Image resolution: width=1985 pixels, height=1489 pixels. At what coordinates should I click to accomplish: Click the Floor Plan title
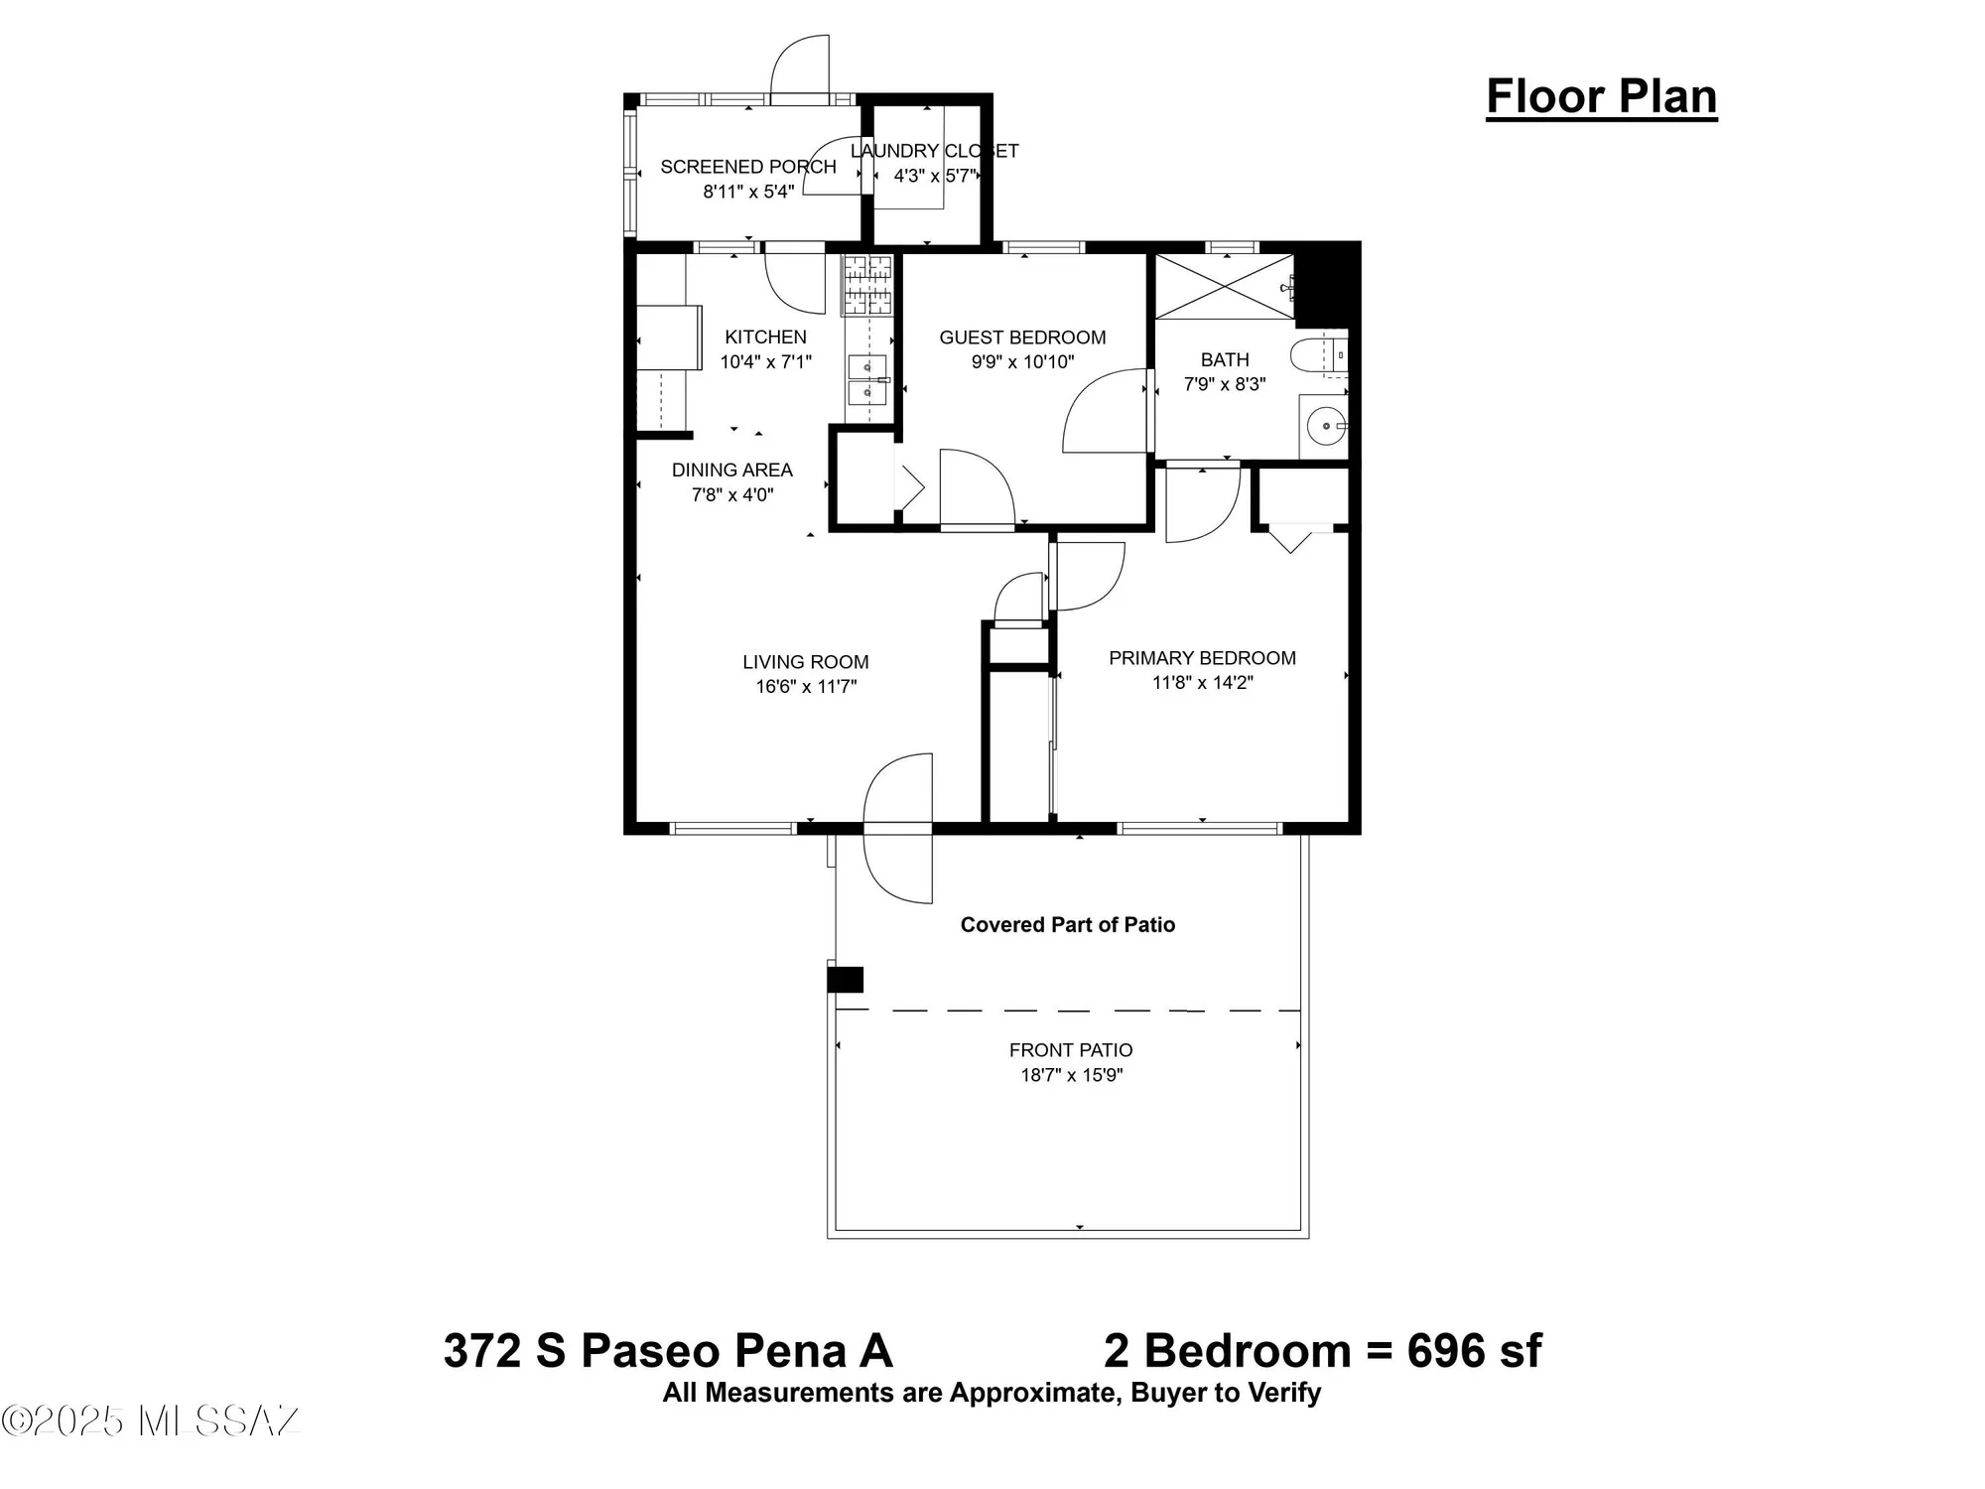pyautogui.click(x=1601, y=97)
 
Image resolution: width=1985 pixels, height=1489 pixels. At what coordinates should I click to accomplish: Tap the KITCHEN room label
pyautogui.click(x=765, y=338)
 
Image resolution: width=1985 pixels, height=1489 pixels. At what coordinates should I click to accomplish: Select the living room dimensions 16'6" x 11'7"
pyautogui.click(x=806, y=687)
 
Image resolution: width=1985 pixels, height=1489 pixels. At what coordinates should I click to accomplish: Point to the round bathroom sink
pyautogui.click(x=1325, y=427)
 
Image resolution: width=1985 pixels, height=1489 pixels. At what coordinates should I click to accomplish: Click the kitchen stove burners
pyautogui.click(x=867, y=285)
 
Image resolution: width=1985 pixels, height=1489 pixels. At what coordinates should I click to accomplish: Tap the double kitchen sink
pyautogui.click(x=867, y=380)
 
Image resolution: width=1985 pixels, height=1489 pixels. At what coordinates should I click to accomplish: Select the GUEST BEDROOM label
pyautogui.click(x=1022, y=338)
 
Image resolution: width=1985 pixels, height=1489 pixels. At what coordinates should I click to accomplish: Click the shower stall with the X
pyautogui.click(x=1225, y=287)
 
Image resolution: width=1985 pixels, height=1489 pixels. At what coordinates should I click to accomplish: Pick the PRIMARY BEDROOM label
pyautogui.click(x=1202, y=658)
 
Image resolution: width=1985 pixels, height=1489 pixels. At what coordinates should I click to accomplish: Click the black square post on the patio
pyautogui.click(x=846, y=980)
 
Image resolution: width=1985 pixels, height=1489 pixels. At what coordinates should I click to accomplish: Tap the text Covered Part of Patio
pyautogui.click(x=1067, y=925)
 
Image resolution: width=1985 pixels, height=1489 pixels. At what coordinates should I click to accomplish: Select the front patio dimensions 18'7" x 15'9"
pyautogui.click(x=1071, y=1075)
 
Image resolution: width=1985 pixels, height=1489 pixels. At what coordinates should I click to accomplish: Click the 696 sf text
pyautogui.click(x=1474, y=1351)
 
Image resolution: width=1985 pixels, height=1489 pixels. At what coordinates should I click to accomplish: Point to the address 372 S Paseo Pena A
pyautogui.click(x=667, y=1351)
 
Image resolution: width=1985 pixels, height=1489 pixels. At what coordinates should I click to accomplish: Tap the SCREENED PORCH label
pyautogui.click(x=747, y=167)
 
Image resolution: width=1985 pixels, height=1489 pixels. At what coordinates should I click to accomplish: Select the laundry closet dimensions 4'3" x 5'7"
pyautogui.click(x=935, y=176)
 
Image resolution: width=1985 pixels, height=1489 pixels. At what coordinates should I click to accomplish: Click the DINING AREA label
pyautogui.click(x=731, y=471)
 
